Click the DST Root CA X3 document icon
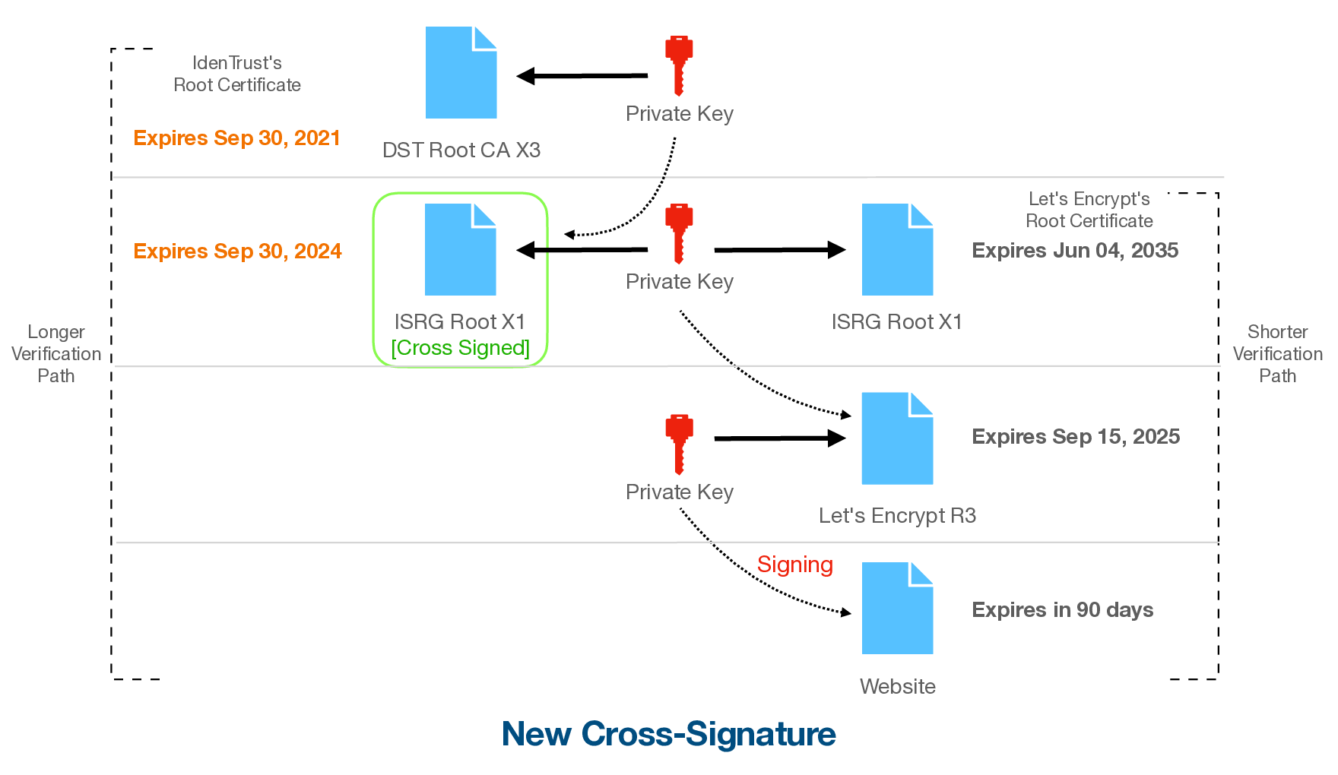pyautogui.click(x=461, y=73)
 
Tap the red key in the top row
pyautogui.click(x=679, y=65)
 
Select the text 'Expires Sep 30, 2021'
pyautogui.click(x=236, y=138)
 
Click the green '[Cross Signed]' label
pyautogui.click(x=460, y=348)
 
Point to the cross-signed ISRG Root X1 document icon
pyautogui.click(x=460, y=249)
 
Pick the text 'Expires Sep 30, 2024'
pyautogui.click(x=237, y=251)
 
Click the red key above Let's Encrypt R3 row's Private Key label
pyautogui.click(x=679, y=444)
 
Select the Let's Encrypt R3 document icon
pyautogui.click(x=897, y=438)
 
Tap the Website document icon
pyautogui.click(x=897, y=608)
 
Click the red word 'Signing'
pyautogui.click(x=795, y=565)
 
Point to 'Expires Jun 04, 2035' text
pyautogui.click(x=1075, y=251)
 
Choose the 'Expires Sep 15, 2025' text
pyautogui.click(x=1076, y=437)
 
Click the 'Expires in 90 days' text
pyautogui.click(x=1063, y=610)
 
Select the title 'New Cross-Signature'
pyautogui.click(x=669, y=734)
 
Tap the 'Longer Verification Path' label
pyautogui.click(x=56, y=354)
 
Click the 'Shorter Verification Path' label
pyautogui.click(x=1278, y=354)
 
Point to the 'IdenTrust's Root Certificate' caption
pyautogui.click(x=237, y=74)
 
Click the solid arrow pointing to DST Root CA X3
pyautogui.click(x=582, y=76)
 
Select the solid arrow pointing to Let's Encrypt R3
pyautogui.click(x=780, y=438)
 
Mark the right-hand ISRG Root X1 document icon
pyautogui.click(x=897, y=249)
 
